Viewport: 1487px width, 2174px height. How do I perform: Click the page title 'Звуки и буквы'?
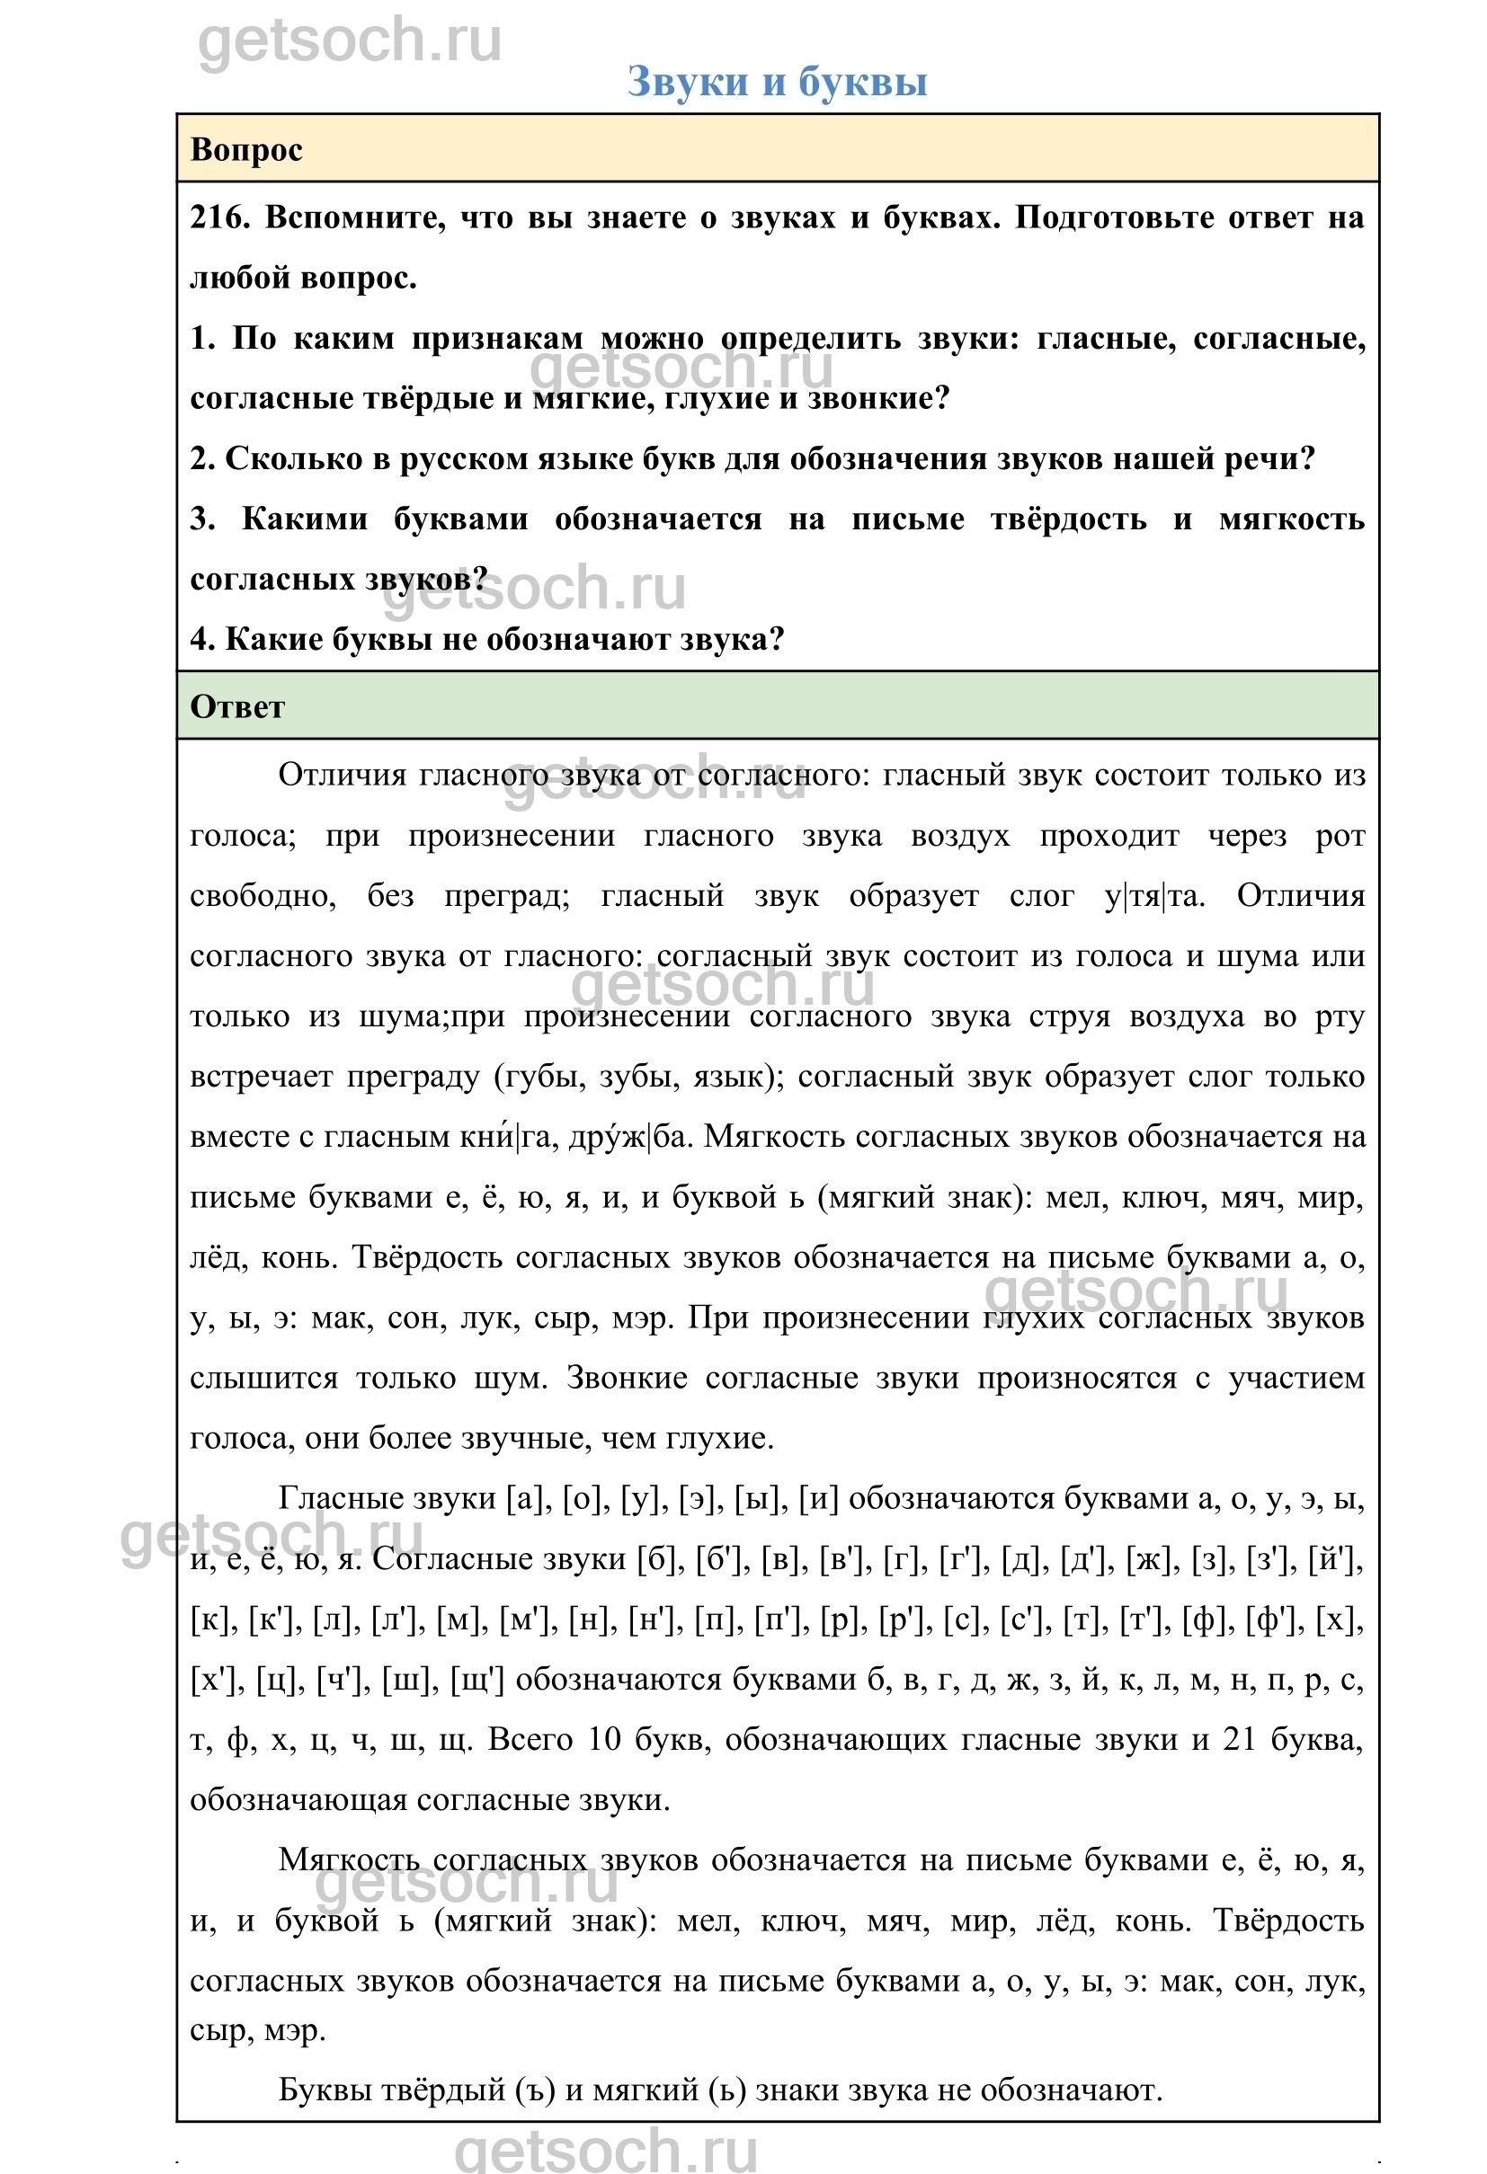coord(777,82)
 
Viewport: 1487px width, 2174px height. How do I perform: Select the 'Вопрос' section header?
coord(246,150)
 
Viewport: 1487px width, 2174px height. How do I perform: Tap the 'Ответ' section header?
coord(236,706)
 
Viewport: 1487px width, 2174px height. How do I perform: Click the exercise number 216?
coord(219,218)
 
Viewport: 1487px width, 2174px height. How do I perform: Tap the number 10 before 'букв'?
coord(603,1740)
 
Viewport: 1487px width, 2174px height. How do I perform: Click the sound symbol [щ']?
coord(476,1680)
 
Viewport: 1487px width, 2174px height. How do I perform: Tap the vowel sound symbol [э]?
coord(696,1498)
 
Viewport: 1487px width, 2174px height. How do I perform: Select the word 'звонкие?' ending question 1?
coord(878,399)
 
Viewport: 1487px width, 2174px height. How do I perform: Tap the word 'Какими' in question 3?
coord(305,519)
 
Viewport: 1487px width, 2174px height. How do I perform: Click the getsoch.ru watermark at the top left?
coord(349,42)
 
